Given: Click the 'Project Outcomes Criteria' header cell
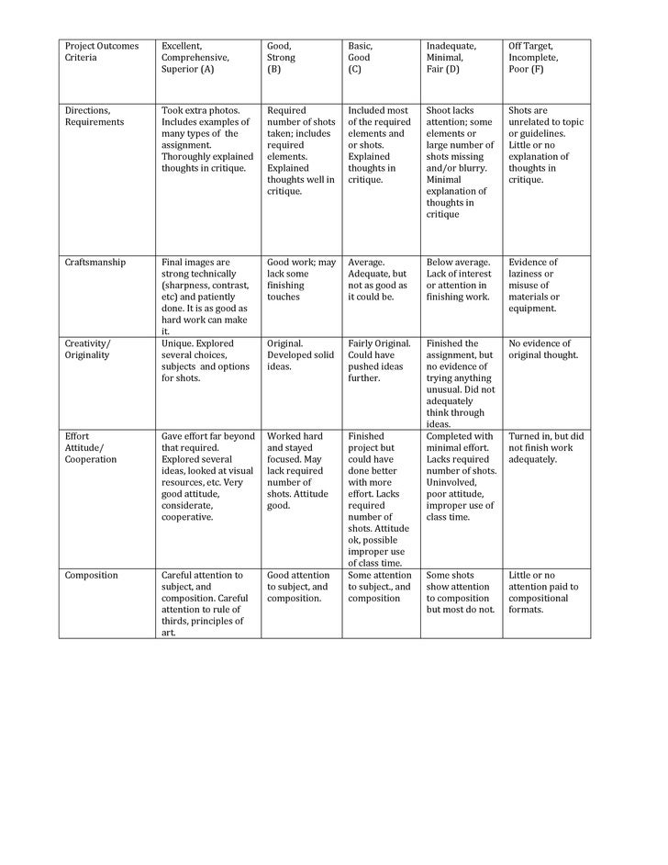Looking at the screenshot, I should pos(100,51).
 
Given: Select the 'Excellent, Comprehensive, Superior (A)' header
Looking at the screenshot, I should pos(195,57).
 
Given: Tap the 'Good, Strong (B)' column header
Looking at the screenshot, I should pos(281,57).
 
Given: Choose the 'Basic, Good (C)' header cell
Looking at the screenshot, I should pos(360,57).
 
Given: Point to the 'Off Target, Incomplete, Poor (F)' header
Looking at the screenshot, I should pos(532,57).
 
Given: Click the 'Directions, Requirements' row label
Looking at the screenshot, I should pos(95,116).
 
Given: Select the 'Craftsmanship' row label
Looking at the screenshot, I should pos(95,263).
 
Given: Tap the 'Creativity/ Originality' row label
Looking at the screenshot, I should pos(87,349).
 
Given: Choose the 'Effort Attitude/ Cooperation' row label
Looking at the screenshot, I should pos(91,447).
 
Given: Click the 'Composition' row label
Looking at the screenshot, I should pos(91,576).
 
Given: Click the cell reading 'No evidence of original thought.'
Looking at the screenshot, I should pos(543,349).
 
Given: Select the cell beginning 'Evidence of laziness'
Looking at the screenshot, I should pos(534,285).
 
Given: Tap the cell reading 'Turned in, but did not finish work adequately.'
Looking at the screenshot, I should pos(546,447).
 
